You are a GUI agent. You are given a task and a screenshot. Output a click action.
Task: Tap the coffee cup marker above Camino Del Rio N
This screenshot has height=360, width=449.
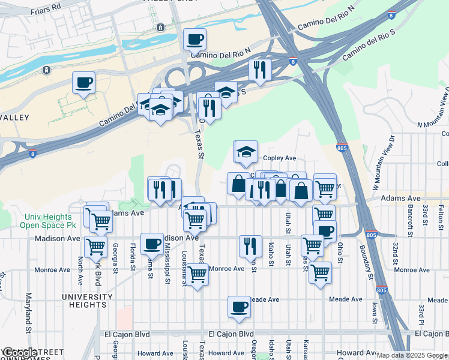point(194,40)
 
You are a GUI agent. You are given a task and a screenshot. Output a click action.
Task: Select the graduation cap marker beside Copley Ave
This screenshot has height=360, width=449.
point(246,152)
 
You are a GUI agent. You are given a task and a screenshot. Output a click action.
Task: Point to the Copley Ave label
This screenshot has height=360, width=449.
point(280,158)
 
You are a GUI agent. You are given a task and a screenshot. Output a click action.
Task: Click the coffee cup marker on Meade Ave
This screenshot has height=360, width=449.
point(239,307)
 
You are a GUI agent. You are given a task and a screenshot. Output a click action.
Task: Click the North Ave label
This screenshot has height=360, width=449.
point(80,271)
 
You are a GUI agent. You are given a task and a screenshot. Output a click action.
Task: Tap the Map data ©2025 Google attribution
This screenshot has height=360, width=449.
point(412,355)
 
